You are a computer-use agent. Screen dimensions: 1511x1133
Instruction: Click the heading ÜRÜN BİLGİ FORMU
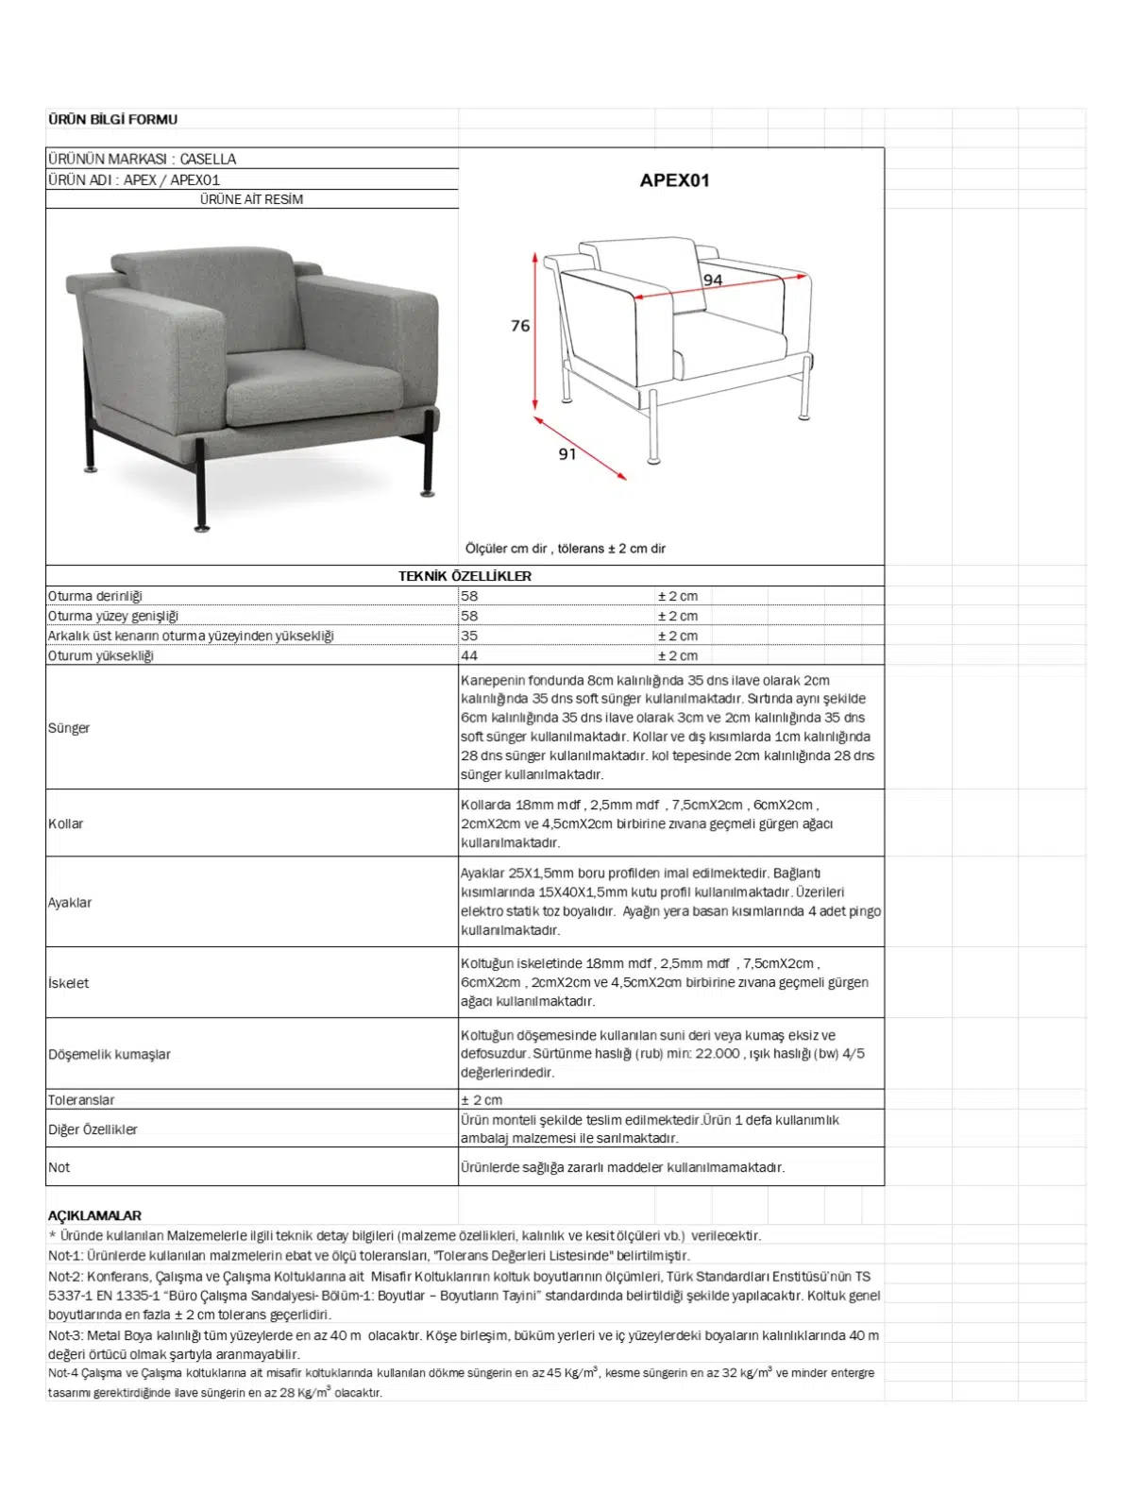(112, 119)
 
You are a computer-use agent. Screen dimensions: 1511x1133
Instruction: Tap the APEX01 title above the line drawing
(674, 180)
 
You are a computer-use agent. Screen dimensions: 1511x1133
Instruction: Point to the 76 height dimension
(520, 326)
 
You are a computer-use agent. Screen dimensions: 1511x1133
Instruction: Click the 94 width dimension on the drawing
(713, 280)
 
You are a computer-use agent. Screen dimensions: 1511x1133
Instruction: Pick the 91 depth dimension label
(566, 454)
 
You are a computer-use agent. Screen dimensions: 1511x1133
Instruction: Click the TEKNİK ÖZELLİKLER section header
(465, 576)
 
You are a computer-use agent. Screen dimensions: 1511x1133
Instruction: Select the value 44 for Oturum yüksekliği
(469, 655)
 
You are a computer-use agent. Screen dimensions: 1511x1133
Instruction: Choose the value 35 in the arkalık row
(469, 636)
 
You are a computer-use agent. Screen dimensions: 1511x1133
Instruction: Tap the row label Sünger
(69, 728)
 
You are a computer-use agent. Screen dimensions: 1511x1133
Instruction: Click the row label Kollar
(66, 823)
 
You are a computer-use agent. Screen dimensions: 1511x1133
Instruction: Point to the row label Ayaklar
(70, 903)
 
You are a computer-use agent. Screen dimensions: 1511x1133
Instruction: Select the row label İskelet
(69, 983)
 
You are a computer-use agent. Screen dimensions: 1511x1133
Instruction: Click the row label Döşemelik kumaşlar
(110, 1054)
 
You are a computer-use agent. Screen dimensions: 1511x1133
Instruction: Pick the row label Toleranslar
(81, 1100)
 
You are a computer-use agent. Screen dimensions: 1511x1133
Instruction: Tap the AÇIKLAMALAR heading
(94, 1215)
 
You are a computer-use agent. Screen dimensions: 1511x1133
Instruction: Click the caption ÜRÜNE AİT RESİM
(251, 199)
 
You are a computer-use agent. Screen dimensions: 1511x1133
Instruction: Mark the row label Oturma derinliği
(95, 596)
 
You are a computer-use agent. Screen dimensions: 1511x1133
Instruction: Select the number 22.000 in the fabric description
(718, 1053)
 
